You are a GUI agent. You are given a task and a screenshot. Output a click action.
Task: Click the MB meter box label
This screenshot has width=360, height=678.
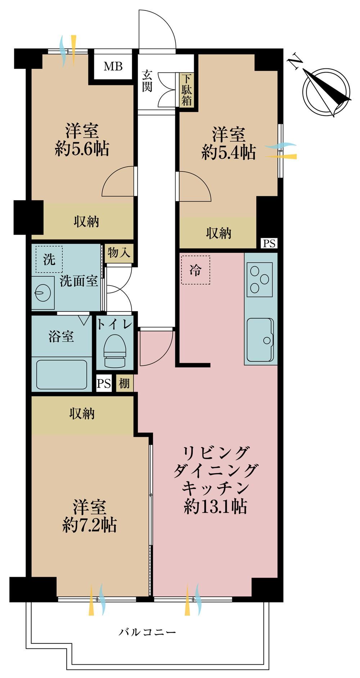(x=113, y=66)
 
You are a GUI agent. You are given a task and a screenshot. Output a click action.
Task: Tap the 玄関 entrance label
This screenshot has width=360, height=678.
(x=147, y=80)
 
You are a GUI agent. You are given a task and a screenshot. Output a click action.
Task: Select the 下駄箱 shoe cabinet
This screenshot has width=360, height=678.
(x=186, y=90)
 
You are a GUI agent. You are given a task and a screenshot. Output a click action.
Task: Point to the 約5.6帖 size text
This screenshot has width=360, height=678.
(x=82, y=148)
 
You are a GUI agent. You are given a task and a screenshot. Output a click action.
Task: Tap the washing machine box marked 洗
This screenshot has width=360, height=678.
(x=49, y=260)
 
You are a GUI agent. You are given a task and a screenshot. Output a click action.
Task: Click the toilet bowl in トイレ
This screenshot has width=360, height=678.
(x=114, y=350)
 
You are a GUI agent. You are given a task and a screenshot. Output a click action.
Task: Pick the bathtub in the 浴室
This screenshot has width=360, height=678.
(x=62, y=374)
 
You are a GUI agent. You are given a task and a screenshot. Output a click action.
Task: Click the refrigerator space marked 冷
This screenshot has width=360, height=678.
(x=195, y=270)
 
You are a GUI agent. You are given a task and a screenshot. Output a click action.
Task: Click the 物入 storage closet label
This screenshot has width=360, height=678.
(x=119, y=253)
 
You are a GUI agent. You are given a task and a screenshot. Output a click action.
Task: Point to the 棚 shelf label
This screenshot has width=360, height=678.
(x=124, y=383)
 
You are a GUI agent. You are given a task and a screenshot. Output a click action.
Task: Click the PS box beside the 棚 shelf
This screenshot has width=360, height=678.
(x=104, y=384)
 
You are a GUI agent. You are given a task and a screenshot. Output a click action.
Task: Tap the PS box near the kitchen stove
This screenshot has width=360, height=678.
(x=269, y=243)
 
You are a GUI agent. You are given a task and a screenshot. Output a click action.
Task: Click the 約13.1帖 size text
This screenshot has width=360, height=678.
(x=215, y=507)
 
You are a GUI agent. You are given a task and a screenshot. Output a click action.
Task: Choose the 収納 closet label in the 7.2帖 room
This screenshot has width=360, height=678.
(x=82, y=414)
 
